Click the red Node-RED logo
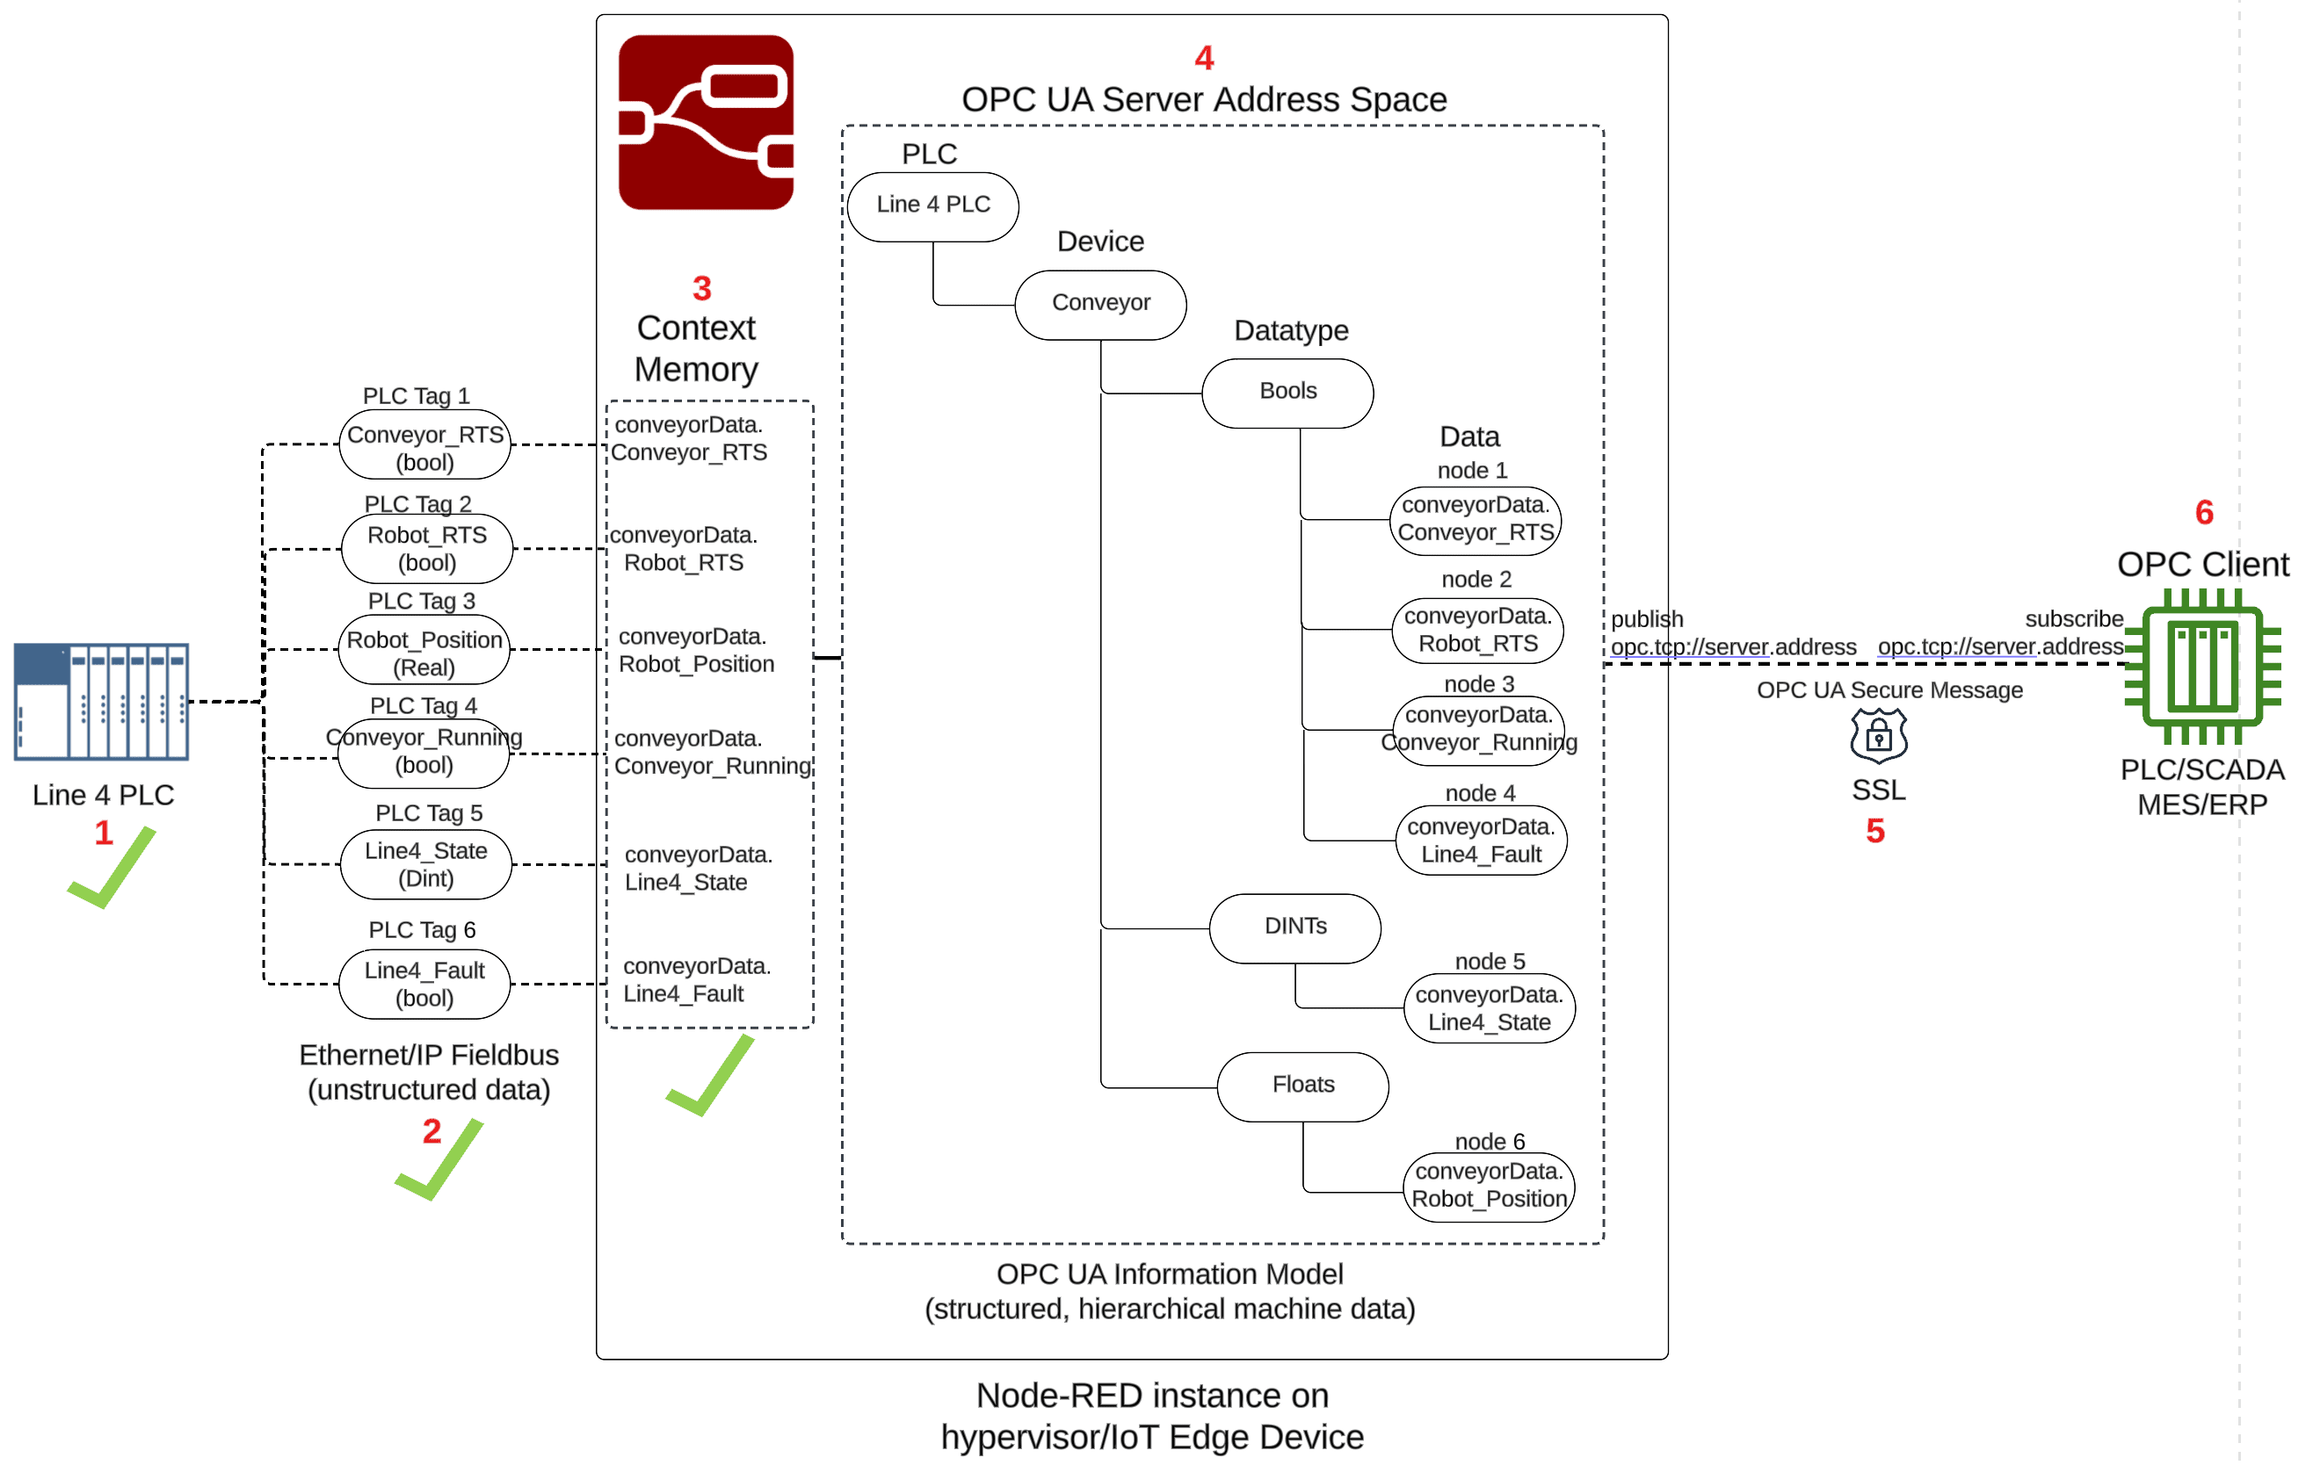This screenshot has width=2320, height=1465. click(x=706, y=122)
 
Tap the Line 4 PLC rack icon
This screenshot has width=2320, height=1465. click(x=101, y=701)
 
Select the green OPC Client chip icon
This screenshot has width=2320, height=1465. click(x=2202, y=666)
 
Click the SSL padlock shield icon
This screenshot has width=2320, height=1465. click(x=1878, y=736)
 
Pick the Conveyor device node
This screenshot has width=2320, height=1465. click(x=1100, y=303)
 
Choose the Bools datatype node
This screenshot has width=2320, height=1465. click(x=1287, y=392)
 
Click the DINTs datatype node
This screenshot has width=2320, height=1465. click(x=1294, y=927)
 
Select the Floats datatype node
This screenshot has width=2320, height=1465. click(x=1302, y=1086)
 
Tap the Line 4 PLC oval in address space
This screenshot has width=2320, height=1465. click(x=932, y=206)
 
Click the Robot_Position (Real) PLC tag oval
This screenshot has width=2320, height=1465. click(x=424, y=653)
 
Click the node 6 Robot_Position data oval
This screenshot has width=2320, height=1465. click(x=1489, y=1186)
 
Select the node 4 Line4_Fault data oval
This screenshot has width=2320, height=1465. click(x=1481, y=840)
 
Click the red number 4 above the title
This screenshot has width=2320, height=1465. click(x=1203, y=58)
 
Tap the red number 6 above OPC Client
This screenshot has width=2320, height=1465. click(x=2203, y=512)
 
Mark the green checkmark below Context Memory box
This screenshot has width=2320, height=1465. click(x=711, y=1077)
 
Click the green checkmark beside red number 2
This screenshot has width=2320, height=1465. click(x=440, y=1160)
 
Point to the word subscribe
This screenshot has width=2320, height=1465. click(x=2073, y=619)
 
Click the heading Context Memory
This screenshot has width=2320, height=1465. click(x=696, y=349)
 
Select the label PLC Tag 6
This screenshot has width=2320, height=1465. click(x=422, y=929)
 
